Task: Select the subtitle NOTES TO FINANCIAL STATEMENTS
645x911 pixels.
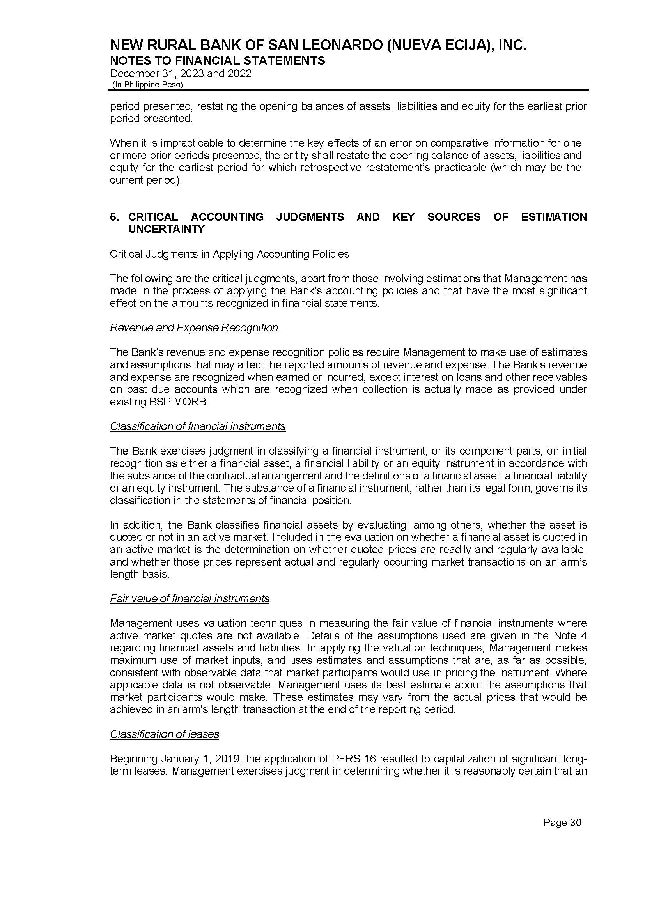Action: (217, 61)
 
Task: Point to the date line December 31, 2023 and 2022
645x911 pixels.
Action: (181, 74)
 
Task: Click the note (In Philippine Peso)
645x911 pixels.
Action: (147, 85)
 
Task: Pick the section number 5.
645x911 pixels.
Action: (114, 217)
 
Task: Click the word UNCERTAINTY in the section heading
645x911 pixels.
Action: (167, 229)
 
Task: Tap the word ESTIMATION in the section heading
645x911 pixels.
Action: (554, 217)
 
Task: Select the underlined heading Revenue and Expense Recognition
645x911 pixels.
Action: (194, 328)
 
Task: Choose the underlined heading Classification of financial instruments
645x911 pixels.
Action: (197, 426)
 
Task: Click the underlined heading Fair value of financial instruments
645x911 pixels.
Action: (190, 599)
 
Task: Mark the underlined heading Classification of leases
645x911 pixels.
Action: (165, 734)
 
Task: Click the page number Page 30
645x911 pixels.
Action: (562, 823)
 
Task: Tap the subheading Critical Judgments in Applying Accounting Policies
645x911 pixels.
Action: (229, 254)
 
